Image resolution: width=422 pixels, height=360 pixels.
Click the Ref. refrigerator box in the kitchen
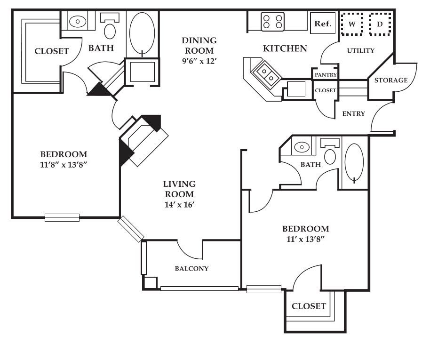pos(323,23)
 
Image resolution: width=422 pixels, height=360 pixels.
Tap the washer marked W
pos(352,24)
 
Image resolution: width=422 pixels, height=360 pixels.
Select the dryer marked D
pos(380,24)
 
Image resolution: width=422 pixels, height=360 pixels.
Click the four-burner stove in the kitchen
pos(272,22)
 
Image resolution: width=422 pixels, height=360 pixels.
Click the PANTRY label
pos(326,75)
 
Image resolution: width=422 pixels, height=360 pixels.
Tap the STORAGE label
pos(391,80)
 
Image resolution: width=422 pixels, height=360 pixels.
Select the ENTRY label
pos(353,113)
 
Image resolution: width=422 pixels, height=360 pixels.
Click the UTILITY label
pos(361,51)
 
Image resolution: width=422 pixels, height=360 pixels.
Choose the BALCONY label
pos(191,268)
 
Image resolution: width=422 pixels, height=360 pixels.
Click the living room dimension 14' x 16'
pos(180,205)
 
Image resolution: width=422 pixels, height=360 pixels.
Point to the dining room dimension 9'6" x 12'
pos(199,61)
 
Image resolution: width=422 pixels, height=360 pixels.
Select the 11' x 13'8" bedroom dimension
pos(305,239)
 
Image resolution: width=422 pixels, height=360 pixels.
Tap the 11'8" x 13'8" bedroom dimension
pos(64,164)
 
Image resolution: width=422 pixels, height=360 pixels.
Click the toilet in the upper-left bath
pos(110,27)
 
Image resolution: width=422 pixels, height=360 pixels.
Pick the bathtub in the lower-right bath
pos(354,163)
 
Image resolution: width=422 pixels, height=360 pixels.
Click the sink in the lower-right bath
pos(302,147)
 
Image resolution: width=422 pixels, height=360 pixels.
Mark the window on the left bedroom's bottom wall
pos(62,217)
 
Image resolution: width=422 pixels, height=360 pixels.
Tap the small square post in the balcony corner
pos(150,283)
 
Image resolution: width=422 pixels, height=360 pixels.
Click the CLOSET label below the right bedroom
pos(309,306)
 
